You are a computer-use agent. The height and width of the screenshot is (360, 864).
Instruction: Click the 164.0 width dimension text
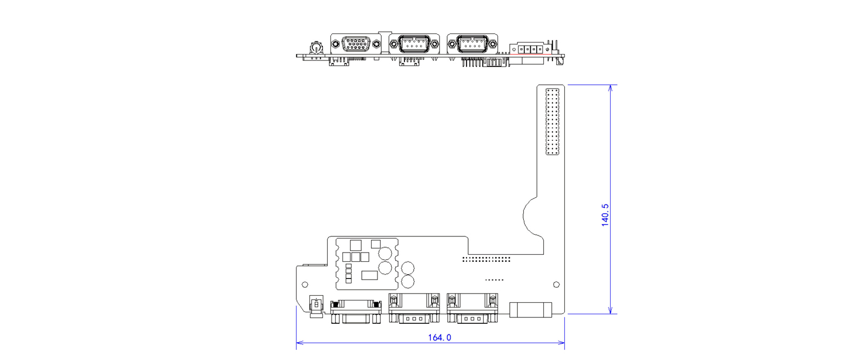point(439,337)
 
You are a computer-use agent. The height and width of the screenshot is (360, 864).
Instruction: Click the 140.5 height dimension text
point(605,214)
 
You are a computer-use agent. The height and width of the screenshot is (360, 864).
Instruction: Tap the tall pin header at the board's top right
point(552,122)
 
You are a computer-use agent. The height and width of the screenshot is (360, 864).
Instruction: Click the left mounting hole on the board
point(305,284)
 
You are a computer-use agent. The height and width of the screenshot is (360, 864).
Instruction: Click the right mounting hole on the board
point(556,284)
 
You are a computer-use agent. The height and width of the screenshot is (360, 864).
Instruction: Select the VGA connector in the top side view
point(355,44)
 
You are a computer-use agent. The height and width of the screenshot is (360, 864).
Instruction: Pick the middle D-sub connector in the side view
point(414,44)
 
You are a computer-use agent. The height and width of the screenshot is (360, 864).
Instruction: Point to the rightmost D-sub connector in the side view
point(473,44)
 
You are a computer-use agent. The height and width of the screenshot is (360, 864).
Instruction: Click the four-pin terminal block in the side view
point(531,49)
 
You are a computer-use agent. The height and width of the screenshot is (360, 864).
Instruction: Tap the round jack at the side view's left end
point(315,49)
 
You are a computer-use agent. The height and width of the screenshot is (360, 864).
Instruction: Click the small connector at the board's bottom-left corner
point(316,305)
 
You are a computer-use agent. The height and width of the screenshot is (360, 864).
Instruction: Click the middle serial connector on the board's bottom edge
point(414,309)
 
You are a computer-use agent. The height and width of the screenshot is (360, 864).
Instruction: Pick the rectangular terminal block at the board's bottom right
point(531,310)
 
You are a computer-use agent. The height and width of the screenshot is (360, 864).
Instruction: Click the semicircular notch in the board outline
point(532,216)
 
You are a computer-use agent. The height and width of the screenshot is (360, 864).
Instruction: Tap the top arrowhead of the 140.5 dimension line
point(610,87)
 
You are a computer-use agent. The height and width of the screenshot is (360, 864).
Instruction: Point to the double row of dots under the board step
point(486,259)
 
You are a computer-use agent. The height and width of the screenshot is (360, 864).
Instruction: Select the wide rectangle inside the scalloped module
point(369,275)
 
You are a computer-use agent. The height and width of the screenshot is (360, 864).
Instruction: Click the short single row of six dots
point(494,280)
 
